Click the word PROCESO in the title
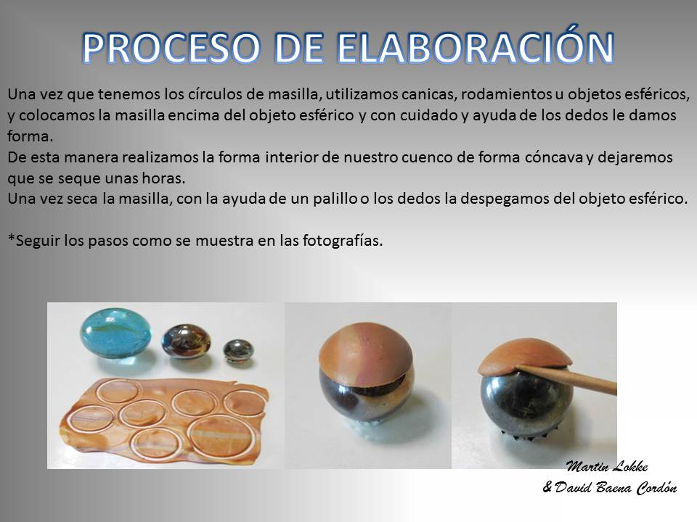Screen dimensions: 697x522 point(171,48)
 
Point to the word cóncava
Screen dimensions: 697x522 point(553,157)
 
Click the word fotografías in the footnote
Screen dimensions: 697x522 point(342,241)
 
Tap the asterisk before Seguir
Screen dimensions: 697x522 point(11,239)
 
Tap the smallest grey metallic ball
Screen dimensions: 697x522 point(238,351)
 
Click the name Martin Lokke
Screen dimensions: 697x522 point(607,466)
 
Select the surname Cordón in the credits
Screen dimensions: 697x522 point(656,487)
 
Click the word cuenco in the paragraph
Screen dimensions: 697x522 point(428,157)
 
